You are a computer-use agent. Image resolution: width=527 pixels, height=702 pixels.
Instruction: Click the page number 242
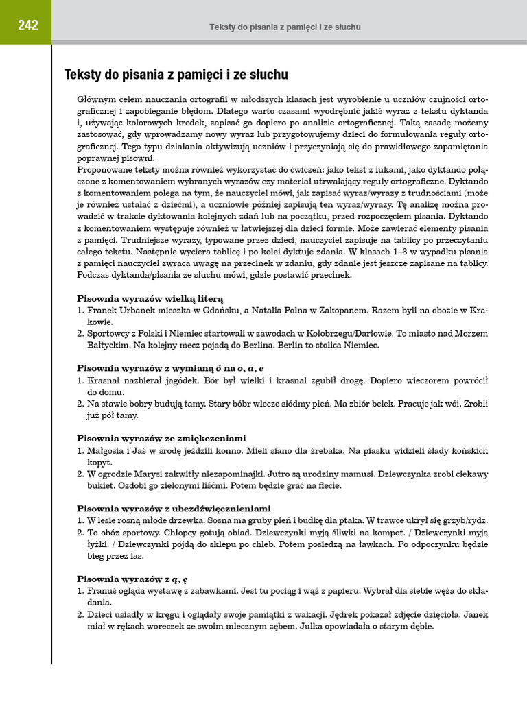[x=28, y=26]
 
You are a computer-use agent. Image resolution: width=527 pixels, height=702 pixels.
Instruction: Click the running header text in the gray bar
[x=285, y=27]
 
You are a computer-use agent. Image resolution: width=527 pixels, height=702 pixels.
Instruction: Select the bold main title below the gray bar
[x=176, y=74]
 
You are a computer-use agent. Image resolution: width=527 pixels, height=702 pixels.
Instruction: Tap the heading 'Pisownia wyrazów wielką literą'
[x=150, y=298]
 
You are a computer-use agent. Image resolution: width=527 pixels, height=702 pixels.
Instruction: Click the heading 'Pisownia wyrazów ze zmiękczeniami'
[x=161, y=438]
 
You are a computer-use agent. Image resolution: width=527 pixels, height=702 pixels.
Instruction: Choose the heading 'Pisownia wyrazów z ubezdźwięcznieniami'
[x=174, y=509]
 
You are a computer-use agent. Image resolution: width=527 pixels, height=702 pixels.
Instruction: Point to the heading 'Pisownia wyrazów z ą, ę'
[x=132, y=579]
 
